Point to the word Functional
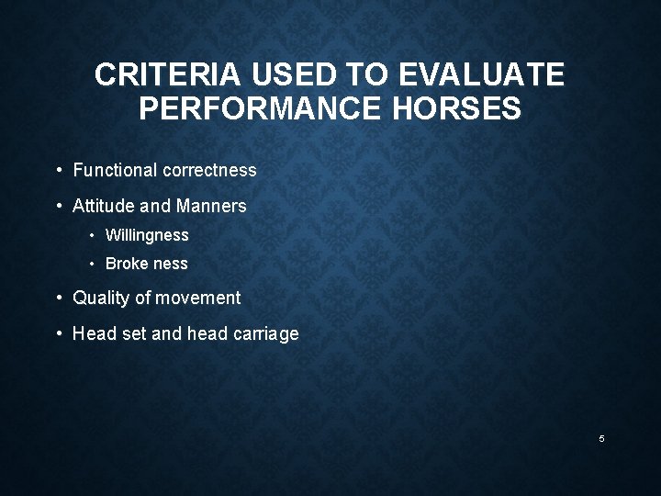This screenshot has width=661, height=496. coord(115,170)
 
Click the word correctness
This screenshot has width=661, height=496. coord(209,170)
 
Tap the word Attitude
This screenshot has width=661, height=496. coord(102,206)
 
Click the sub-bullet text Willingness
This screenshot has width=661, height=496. coord(147,235)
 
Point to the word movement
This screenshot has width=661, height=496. coord(198,298)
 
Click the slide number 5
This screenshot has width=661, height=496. coord(602,439)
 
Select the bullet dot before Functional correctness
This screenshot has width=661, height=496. coord(59,170)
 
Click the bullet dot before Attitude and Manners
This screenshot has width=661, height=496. coord(59,206)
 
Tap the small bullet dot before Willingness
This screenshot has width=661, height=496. coord(93,235)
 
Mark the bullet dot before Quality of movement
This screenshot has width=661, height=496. coord(59,298)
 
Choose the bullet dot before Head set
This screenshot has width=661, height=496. coord(59,333)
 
